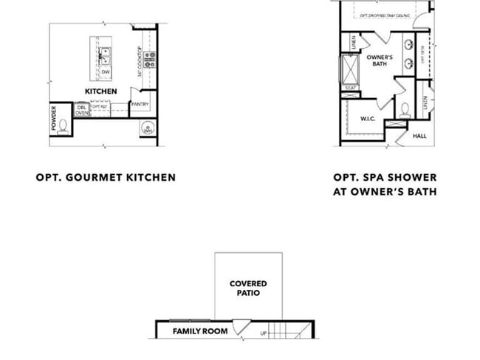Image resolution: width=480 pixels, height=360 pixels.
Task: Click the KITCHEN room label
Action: click(100, 91)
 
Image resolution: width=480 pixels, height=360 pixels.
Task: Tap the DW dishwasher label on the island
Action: click(106, 72)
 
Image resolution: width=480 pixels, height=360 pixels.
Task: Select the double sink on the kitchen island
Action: click(106, 54)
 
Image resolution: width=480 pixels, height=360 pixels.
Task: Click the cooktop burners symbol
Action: click(148, 59)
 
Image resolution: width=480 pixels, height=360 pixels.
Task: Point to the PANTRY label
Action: click(140, 104)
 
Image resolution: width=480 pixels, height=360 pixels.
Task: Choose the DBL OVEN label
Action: click(82, 110)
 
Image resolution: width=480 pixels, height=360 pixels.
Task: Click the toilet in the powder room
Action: click(64, 125)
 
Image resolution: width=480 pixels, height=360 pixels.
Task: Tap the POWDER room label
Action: click(54, 119)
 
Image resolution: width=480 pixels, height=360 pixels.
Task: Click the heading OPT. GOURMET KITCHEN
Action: click(106, 177)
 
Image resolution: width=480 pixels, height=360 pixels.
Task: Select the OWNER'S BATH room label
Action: click(379, 60)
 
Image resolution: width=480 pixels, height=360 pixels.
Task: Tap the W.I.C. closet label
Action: click(369, 118)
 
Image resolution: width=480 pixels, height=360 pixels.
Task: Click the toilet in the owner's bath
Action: click(405, 109)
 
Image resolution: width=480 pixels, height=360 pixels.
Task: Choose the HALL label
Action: click(419, 136)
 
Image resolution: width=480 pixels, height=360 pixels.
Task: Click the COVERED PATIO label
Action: click(248, 288)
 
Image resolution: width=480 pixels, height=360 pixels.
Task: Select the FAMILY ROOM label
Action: click(200, 331)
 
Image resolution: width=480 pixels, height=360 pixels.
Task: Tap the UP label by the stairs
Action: click(264, 333)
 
